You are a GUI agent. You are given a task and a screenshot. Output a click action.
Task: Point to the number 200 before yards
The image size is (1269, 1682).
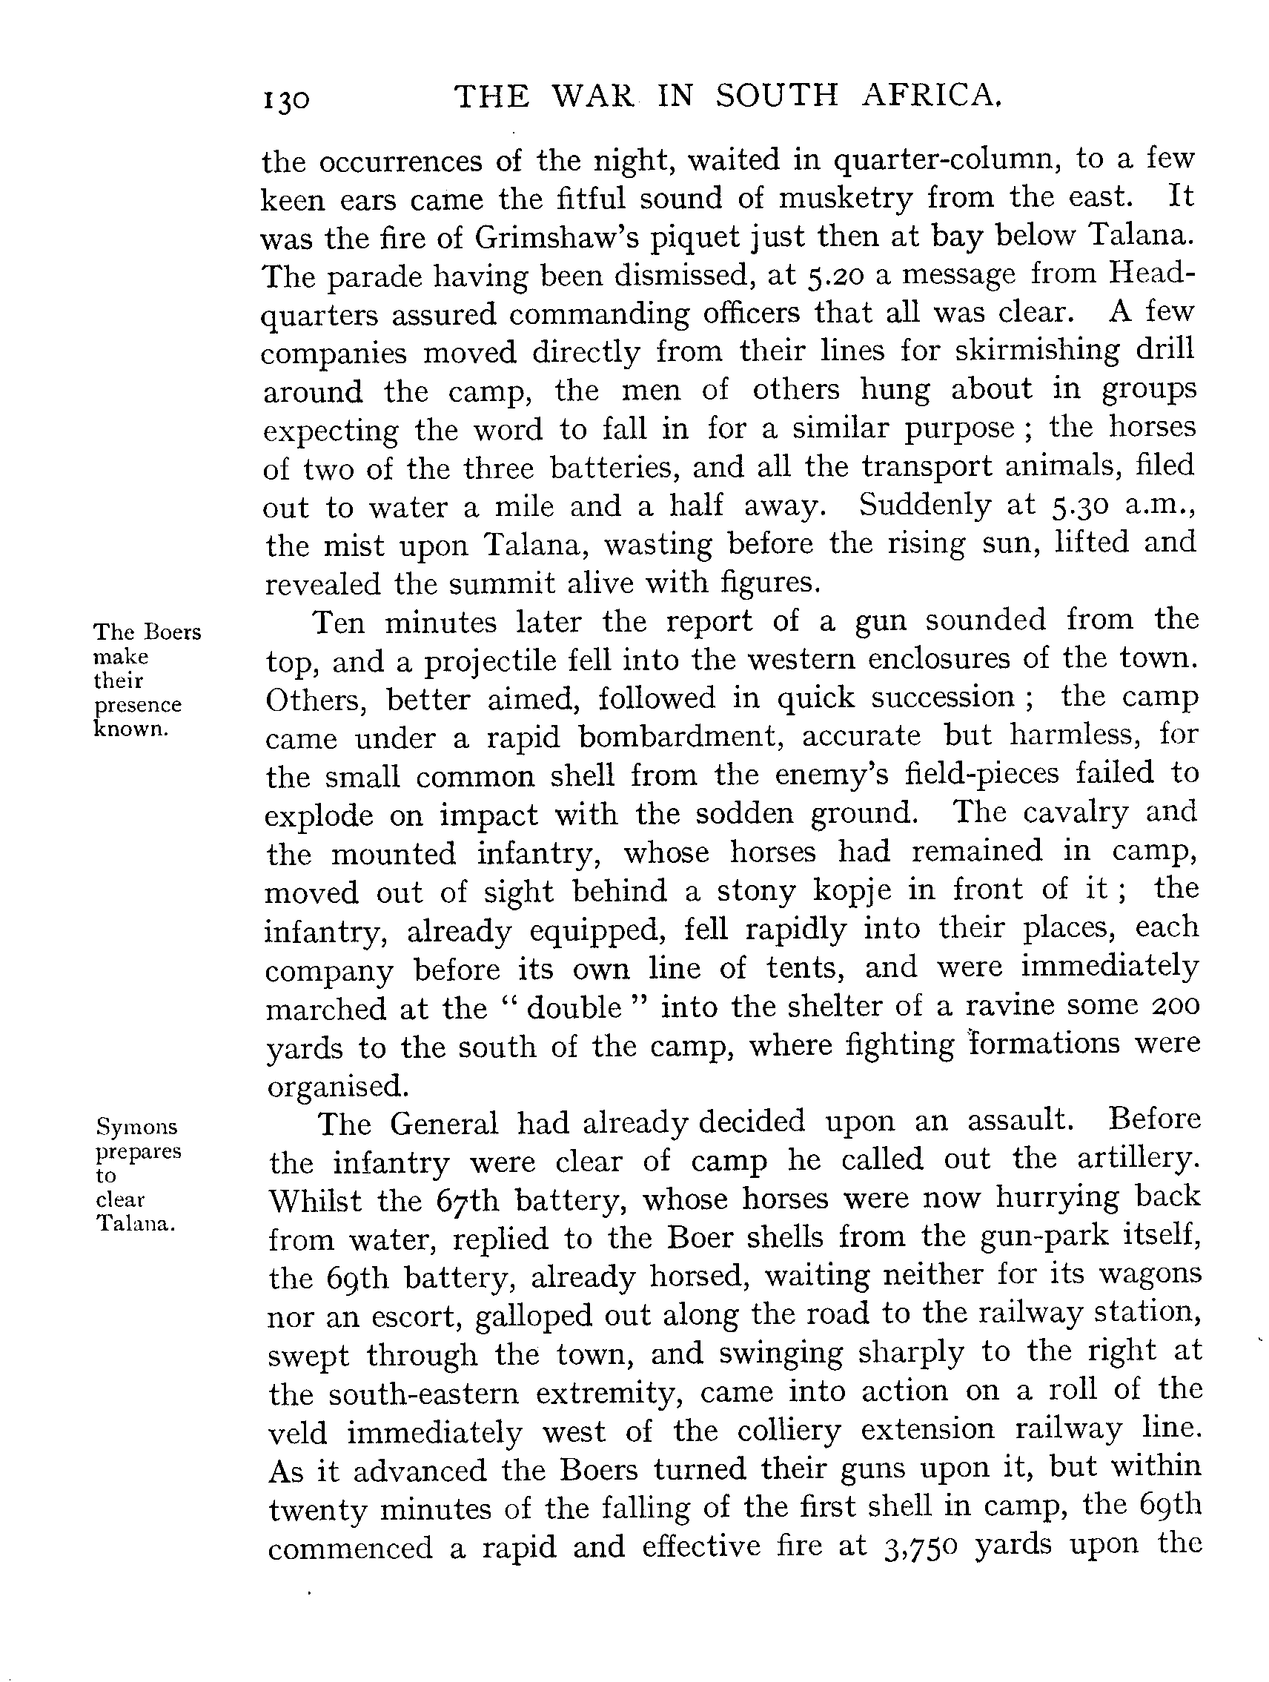1172,1005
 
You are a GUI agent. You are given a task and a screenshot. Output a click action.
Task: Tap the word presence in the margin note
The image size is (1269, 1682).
138,705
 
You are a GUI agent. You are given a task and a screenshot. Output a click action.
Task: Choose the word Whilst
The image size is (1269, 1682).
315,1202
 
